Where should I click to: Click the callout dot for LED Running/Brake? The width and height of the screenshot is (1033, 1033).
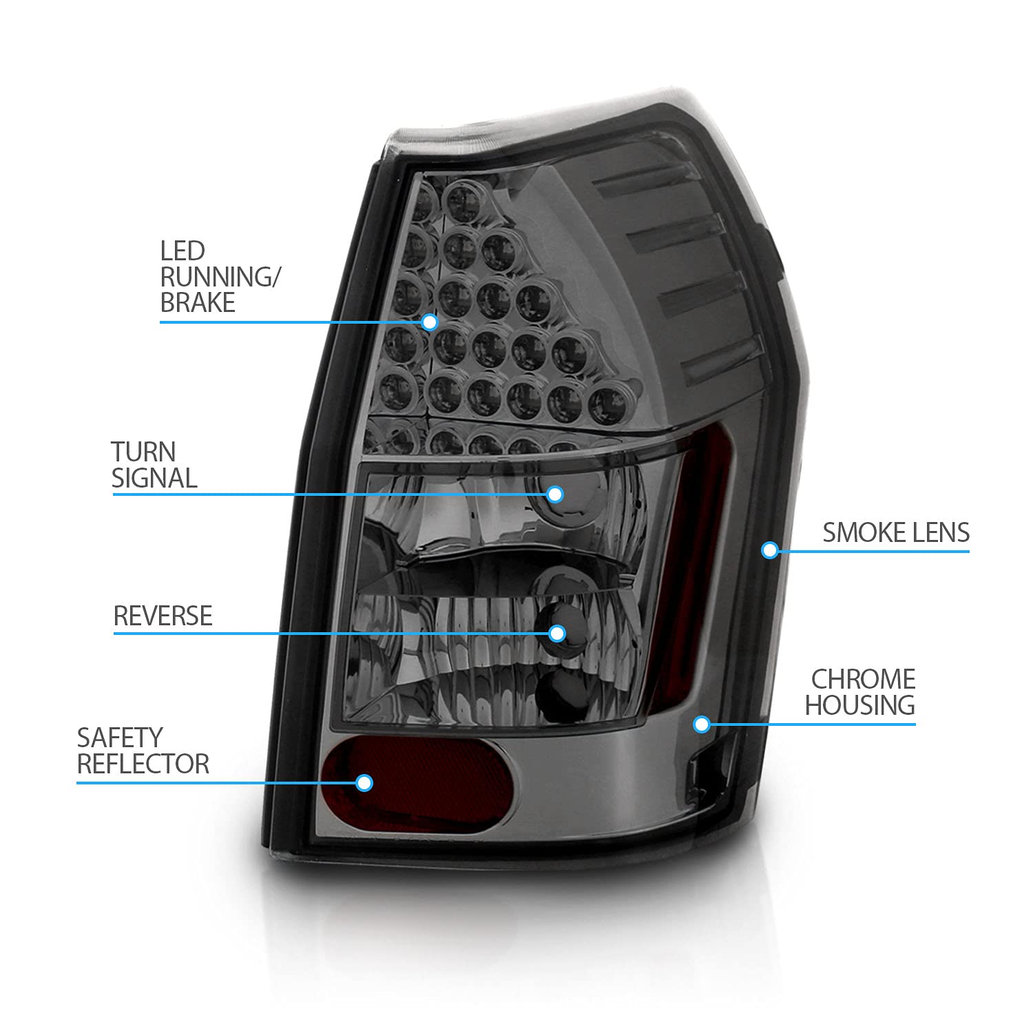click(430, 322)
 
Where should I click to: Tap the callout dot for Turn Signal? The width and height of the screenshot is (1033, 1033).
click(555, 494)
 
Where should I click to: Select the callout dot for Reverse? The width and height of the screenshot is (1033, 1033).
click(557, 633)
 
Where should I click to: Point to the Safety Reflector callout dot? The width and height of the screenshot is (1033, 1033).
click(364, 782)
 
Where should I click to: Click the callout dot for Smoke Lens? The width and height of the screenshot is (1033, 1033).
click(770, 550)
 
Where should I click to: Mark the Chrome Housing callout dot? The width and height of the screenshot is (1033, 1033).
click(702, 724)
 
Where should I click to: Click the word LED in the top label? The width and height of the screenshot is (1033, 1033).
click(182, 251)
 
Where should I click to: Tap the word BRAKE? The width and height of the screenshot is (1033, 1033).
click(198, 303)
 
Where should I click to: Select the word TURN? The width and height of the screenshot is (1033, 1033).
click(143, 452)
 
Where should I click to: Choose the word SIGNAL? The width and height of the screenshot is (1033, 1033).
click(154, 478)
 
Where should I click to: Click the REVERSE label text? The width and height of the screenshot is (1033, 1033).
click(163, 616)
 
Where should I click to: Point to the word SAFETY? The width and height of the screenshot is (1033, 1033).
click(119, 738)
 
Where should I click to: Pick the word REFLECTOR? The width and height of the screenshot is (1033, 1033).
click(143, 764)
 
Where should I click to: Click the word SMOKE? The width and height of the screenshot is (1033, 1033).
click(866, 532)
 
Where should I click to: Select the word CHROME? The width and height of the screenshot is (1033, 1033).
click(863, 679)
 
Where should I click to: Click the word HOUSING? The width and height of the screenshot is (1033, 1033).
click(859, 705)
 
